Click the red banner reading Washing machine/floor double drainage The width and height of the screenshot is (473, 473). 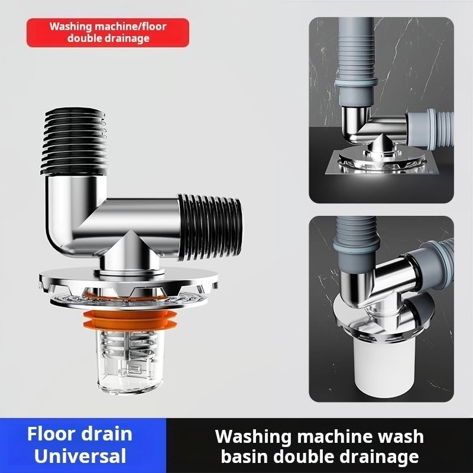tap(108, 33)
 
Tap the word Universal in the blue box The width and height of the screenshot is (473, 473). tap(80, 456)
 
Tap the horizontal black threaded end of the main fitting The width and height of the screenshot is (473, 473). tap(210, 227)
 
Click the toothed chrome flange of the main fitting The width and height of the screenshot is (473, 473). tap(129, 282)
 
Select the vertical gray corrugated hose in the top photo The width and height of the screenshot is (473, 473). tap(356, 60)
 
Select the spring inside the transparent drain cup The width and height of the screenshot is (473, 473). tap(128, 345)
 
